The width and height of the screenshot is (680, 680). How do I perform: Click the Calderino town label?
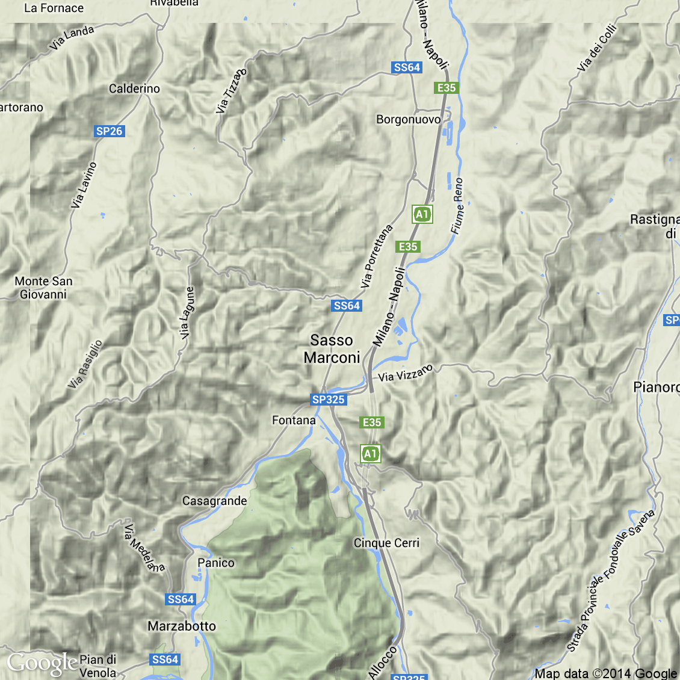(134, 88)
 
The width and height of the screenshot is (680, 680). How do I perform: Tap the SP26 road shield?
(109, 131)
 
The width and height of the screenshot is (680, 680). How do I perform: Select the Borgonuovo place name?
(408, 119)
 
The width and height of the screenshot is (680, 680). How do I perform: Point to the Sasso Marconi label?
(332, 349)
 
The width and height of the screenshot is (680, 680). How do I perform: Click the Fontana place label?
(294, 420)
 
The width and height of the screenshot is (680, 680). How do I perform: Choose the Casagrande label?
(215, 501)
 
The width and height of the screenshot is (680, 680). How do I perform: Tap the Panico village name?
(216, 563)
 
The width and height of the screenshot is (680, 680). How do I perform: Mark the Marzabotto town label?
(182, 626)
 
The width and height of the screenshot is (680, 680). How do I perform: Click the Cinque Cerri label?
(386, 543)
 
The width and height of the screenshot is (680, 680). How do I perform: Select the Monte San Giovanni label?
(43, 288)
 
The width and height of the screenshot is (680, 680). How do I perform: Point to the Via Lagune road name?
(187, 311)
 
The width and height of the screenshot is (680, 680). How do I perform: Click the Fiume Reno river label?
(458, 206)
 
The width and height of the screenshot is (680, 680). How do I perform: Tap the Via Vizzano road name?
(406, 373)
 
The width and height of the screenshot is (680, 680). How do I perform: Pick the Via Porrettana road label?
(377, 256)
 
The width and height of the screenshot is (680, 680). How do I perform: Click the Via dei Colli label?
(597, 48)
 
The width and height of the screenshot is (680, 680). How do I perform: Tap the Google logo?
(42, 663)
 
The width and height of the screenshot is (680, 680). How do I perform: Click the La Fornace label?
(54, 8)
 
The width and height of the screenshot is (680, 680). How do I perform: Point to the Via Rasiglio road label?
(85, 365)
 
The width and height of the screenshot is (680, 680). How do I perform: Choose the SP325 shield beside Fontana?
(329, 400)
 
